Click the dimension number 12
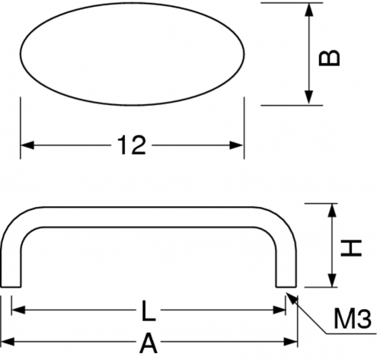(x=132, y=145)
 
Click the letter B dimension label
(x=329, y=57)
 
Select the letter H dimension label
(x=351, y=247)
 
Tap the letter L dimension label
(x=148, y=311)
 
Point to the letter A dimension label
(x=148, y=343)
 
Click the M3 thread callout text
(x=352, y=317)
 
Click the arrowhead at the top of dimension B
(x=308, y=10)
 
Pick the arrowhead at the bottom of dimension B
(x=308, y=97)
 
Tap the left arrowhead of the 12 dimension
(x=27, y=145)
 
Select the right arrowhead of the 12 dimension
(x=237, y=145)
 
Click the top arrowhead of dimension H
(x=332, y=211)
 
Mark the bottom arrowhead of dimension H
(x=332, y=281)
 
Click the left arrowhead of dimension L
(x=18, y=310)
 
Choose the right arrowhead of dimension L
(x=279, y=310)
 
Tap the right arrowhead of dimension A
(x=290, y=342)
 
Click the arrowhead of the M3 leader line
(x=290, y=298)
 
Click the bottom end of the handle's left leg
(x=11, y=287)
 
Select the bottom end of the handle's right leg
(x=286, y=287)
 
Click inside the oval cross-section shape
(x=133, y=54)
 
